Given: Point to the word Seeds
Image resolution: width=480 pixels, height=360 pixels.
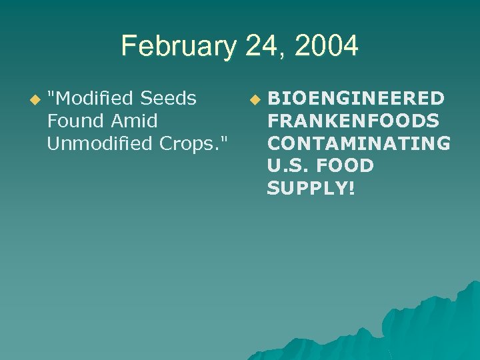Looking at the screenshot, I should [x=172, y=99].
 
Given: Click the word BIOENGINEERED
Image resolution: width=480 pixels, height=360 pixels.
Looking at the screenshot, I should [x=355, y=99].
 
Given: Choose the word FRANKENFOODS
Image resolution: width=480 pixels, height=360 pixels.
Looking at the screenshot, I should [x=353, y=121].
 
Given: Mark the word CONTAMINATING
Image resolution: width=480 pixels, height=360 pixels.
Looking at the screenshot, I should [x=358, y=143].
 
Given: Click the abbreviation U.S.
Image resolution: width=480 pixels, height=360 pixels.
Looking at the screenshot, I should [x=288, y=166].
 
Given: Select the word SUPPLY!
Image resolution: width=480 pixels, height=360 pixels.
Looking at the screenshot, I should [x=311, y=189].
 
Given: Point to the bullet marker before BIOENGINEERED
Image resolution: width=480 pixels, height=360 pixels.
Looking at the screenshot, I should [x=254, y=100].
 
